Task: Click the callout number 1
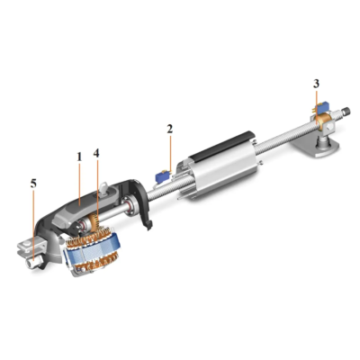pyautogui.click(x=79, y=157)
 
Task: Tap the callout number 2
pyautogui.click(x=170, y=129)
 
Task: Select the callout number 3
pyautogui.click(x=316, y=84)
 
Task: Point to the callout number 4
pyautogui.click(x=96, y=153)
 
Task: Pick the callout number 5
pyautogui.click(x=33, y=184)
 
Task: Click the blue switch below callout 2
pyautogui.click(x=161, y=175)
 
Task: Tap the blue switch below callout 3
pyautogui.click(x=321, y=106)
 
